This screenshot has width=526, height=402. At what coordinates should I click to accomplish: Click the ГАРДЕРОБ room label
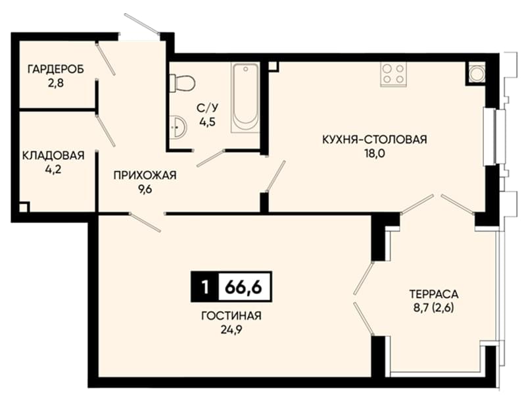[x=56, y=69]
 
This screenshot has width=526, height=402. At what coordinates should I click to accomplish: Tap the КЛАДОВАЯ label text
[x=53, y=156]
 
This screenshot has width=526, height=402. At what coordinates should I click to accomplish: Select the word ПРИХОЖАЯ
[x=145, y=175]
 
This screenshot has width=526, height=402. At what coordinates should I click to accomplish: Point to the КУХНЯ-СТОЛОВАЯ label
[x=375, y=139]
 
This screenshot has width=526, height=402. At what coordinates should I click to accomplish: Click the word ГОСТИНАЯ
[x=231, y=316]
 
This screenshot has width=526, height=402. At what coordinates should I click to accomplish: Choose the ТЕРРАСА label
[x=434, y=294]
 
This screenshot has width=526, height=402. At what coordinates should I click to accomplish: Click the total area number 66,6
[x=243, y=287]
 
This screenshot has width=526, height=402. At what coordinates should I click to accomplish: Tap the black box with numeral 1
[x=205, y=287]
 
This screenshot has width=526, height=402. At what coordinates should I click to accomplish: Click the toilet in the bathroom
[x=182, y=83]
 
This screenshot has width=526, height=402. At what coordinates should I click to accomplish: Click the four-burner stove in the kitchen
[x=393, y=74]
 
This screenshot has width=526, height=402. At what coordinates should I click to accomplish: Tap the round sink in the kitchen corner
[x=475, y=73]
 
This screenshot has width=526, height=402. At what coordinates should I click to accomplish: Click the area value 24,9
[x=231, y=330]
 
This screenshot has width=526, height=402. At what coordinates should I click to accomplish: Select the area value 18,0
[x=375, y=154]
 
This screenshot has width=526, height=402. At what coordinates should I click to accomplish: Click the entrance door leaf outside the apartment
[x=141, y=24]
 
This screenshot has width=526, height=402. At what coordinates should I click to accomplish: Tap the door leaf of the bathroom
[x=210, y=158]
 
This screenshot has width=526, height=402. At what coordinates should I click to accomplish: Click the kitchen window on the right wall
[x=494, y=136]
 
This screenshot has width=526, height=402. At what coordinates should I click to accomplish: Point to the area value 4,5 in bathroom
[x=208, y=122]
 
